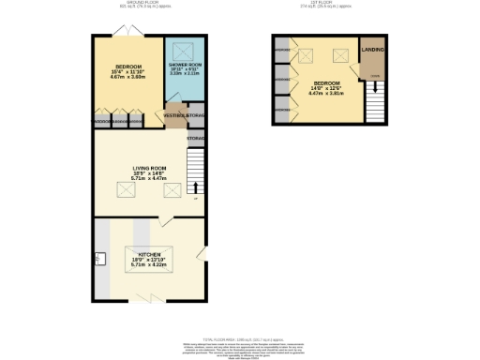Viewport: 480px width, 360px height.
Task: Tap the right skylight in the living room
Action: [x=172, y=190]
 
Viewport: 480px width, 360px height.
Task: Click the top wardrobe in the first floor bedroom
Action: [x=283, y=50]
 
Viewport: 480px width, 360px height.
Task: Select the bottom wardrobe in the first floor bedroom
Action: [x=283, y=110]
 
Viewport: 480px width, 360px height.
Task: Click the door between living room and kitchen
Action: [x=165, y=221]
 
